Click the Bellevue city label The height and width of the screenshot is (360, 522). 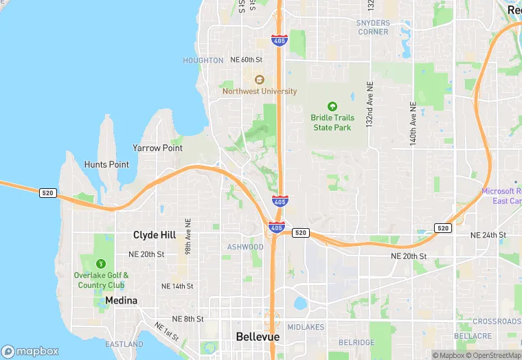click(x=258, y=337)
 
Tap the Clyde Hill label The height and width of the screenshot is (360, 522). click(x=155, y=235)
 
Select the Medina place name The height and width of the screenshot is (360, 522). click(x=122, y=301)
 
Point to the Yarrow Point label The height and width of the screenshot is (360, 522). click(x=157, y=148)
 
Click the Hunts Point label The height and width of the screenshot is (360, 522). click(x=106, y=164)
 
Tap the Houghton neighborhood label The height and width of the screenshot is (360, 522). click(x=203, y=60)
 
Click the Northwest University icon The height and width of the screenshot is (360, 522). click(x=259, y=80)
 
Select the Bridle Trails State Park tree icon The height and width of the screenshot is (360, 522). click(x=332, y=106)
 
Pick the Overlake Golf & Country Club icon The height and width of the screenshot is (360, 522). click(x=101, y=263)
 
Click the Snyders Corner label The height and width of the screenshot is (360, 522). click(x=373, y=27)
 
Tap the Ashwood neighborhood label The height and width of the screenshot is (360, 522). click(x=245, y=247)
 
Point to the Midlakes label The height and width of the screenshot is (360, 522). click(x=306, y=327)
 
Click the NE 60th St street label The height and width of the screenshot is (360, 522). click(x=247, y=60)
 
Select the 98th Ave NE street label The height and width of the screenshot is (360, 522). click(x=188, y=237)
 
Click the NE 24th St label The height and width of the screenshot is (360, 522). click(x=488, y=235)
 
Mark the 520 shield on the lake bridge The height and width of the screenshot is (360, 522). click(x=47, y=193)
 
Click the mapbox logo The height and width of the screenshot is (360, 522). click(x=31, y=351)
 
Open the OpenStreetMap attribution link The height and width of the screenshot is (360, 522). click(x=494, y=355)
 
